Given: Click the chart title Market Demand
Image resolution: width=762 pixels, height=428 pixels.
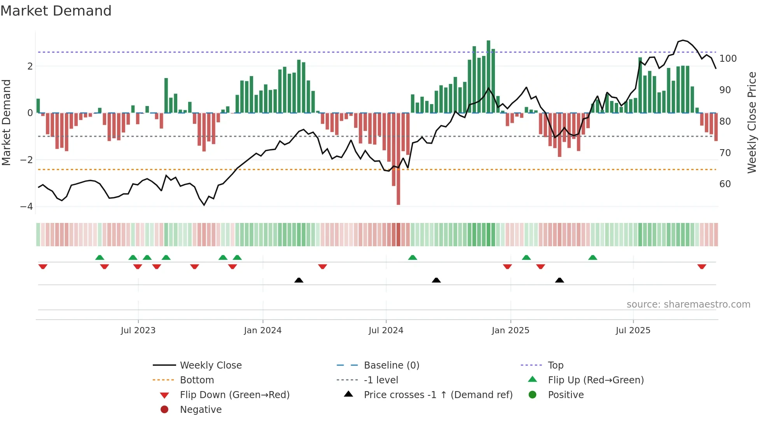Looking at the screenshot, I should (x=56, y=11).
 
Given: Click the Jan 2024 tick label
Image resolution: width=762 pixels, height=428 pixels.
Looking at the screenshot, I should (x=262, y=331).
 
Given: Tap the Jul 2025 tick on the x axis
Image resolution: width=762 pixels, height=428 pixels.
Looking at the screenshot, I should (x=633, y=331).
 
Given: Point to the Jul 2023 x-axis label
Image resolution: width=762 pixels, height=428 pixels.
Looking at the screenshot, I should (x=138, y=331).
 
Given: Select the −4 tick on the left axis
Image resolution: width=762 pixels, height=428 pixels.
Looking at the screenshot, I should (x=27, y=207).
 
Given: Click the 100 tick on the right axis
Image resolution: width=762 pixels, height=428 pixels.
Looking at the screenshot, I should (x=728, y=59).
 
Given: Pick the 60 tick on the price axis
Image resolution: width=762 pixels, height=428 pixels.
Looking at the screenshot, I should (x=725, y=184).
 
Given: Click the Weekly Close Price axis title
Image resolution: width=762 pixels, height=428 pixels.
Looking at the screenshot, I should (x=752, y=122).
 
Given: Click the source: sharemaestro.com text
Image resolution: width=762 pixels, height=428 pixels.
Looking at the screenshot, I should (x=688, y=304).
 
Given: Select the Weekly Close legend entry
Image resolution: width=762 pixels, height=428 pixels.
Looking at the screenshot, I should (x=210, y=365).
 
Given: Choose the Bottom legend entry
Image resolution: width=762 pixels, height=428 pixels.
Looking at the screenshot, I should (x=197, y=380).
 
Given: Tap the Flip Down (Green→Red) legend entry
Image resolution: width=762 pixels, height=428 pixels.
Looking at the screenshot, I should (x=234, y=395).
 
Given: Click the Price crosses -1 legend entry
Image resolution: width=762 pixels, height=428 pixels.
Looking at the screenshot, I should (x=438, y=395).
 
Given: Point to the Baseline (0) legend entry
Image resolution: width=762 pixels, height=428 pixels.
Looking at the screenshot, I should (x=391, y=365).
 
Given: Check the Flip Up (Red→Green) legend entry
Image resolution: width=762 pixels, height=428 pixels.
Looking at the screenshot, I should (x=596, y=380).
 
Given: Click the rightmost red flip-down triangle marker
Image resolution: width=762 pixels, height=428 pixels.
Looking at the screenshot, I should (x=701, y=266).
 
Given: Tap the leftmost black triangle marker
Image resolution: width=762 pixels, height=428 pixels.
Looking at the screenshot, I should (x=299, y=280).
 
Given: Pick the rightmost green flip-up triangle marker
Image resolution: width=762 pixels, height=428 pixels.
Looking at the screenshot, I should (x=592, y=257).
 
